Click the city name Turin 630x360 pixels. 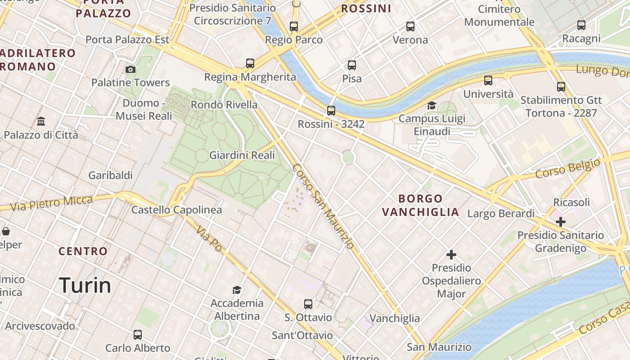tap(85, 285)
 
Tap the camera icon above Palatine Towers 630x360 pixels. tap(130, 69)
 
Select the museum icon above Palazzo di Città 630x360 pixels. tap(41, 121)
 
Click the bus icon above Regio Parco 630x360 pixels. tap(294, 26)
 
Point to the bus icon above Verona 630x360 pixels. tap(410, 26)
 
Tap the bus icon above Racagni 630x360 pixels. tap(581, 25)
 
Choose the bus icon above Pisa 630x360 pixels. tap(352, 65)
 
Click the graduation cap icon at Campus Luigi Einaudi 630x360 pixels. tap(432, 105)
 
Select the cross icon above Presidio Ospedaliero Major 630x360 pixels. tap(451, 255)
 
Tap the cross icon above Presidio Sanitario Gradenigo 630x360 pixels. tap(561, 221)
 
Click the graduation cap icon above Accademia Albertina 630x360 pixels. tap(237, 289)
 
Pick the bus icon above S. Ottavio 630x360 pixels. tap(308, 304)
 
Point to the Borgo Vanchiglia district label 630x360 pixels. tap(421, 205)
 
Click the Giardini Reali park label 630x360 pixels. tap(242, 155)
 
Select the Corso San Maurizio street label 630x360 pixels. tap(323, 207)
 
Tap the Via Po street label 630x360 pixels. tap(209, 239)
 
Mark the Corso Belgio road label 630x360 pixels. tap(567, 168)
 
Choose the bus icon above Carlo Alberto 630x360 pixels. tap(138, 335)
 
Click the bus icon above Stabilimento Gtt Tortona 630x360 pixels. tap(561, 86)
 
